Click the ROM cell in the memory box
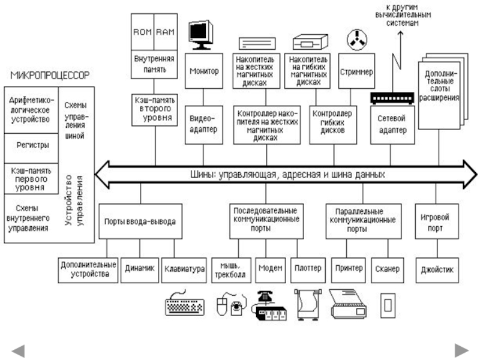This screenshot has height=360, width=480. [x=143, y=31]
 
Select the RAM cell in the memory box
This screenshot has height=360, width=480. [x=164, y=31]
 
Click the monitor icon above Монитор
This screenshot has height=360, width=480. [x=200, y=34]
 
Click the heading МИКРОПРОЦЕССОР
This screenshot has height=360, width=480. [x=50, y=76]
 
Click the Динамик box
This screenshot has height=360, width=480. [x=140, y=269]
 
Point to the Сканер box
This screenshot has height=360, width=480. [x=389, y=269]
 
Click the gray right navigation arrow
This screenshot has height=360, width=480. [x=461, y=350]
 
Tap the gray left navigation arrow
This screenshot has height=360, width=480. [x=18, y=350]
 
